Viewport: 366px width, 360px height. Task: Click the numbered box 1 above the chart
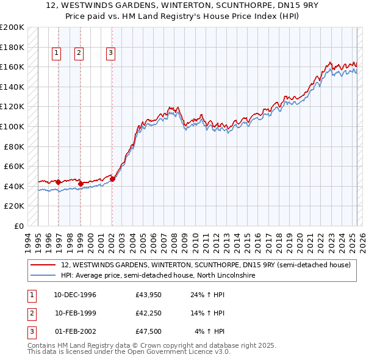[x=56, y=53]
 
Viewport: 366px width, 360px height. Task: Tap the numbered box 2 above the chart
[x=79, y=53]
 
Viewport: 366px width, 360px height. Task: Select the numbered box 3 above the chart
[x=110, y=53]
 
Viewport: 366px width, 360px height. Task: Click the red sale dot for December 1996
[x=58, y=182]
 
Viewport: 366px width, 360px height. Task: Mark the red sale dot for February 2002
[x=112, y=179]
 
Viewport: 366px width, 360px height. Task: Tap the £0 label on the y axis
[x=18, y=226]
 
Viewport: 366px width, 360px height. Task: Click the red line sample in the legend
[x=43, y=265]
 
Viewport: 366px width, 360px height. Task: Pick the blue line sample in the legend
[x=43, y=276]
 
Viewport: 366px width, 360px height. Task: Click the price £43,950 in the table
[x=148, y=295]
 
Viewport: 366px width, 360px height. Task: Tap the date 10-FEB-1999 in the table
[x=76, y=313]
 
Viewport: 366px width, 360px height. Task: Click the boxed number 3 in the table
[x=30, y=331]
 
